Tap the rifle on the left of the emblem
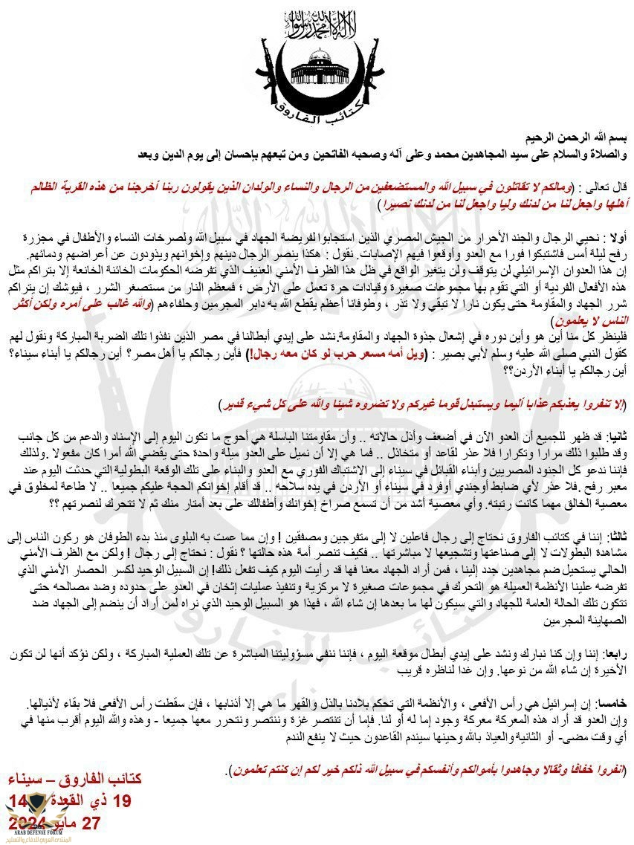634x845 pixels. coord(262,71)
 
